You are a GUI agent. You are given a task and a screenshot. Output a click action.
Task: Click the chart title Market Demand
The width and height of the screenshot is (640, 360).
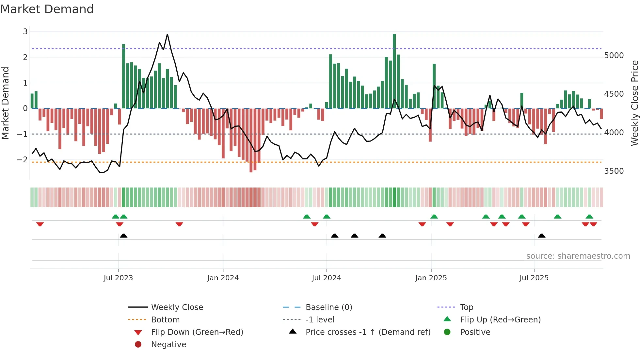(47, 9)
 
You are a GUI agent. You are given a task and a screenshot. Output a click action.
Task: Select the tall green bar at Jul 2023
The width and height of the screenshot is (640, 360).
(123, 77)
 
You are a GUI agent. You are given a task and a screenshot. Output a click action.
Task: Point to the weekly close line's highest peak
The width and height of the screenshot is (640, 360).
(167, 35)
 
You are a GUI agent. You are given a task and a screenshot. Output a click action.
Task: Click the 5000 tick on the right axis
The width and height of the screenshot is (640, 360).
(614, 56)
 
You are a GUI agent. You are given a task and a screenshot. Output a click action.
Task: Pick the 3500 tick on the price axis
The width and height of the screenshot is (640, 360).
(614, 171)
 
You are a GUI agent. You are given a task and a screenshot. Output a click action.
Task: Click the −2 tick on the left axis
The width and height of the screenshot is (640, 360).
(22, 160)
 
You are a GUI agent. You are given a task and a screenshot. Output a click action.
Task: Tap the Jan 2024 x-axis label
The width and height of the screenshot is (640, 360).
(223, 278)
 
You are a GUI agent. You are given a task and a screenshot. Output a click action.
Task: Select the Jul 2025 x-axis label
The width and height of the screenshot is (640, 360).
(534, 278)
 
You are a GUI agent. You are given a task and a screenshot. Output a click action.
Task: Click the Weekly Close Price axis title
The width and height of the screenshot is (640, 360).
(634, 103)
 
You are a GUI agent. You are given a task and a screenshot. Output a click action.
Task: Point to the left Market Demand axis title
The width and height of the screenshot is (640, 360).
(5, 103)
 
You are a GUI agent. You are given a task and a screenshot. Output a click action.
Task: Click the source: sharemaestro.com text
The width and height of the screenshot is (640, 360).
(578, 256)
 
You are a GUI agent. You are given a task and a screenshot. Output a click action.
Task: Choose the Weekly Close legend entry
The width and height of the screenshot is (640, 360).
(177, 307)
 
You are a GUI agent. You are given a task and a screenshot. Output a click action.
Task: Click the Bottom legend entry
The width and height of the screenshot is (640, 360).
(165, 320)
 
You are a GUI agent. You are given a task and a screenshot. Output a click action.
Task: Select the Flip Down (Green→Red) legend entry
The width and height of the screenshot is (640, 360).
(197, 332)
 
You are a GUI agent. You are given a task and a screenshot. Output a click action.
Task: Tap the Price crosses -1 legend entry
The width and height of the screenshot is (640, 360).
(368, 332)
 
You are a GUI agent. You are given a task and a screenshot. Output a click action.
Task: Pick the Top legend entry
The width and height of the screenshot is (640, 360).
(467, 307)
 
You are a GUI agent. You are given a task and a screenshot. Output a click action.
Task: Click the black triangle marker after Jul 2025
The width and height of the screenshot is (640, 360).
(541, 236)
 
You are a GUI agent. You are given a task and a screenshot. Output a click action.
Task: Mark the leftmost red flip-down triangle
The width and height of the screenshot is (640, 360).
(40, 224)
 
